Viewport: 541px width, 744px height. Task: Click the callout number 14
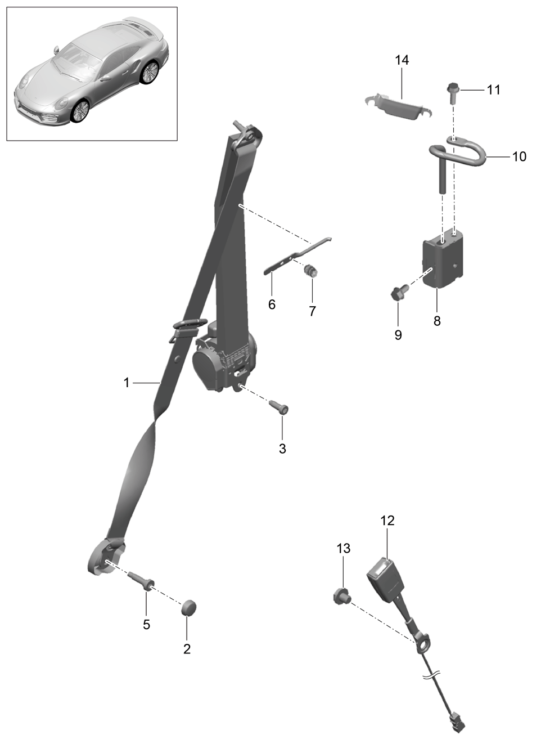point(402,60)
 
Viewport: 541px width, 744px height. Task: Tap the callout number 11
point(493,89)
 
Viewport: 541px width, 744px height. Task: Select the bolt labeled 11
point(452,93)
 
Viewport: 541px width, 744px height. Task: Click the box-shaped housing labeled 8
point(443,257)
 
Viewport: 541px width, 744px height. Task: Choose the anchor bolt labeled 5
point(141,579)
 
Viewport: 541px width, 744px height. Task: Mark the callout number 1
point(127,383)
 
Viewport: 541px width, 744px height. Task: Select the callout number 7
point(312,311)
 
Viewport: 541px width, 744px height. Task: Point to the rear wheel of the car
point(150,72)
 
